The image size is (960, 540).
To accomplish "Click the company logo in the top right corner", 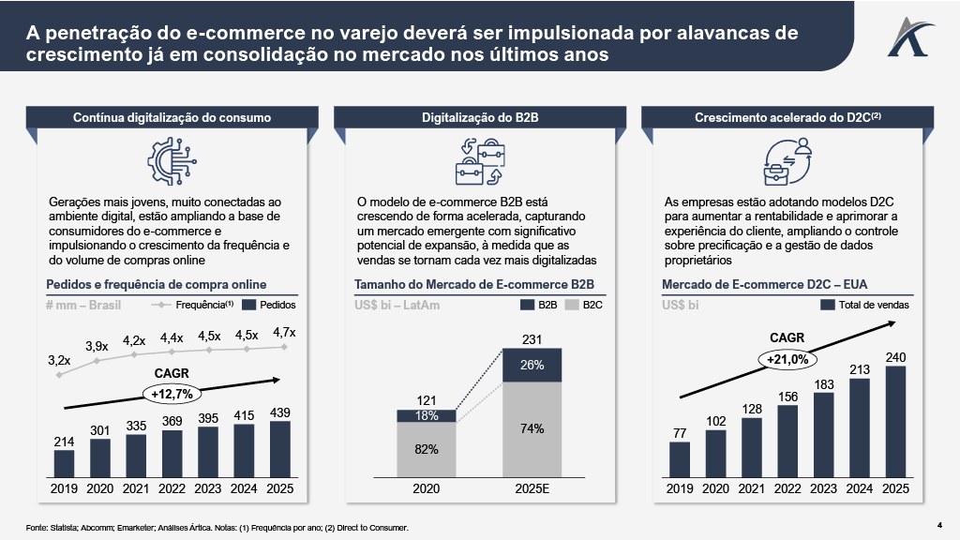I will point(906,37).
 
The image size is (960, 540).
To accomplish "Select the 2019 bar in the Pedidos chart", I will point(64,463).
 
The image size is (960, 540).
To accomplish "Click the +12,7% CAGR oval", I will point(172,394).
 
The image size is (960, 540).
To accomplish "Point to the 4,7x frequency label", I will point(284,332).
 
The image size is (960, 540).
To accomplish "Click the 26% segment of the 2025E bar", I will point(532,365).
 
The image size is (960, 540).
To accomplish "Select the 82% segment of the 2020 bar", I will point(427,449).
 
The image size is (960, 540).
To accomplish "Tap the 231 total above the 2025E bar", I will point(532,339).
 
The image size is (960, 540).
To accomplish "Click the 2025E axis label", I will point(532,488).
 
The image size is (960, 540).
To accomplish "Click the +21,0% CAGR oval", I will point(787,358).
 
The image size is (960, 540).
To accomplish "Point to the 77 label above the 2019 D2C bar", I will point(679,433).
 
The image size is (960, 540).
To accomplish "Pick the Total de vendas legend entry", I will point(864,305).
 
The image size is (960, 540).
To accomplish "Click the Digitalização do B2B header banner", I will point(479,118).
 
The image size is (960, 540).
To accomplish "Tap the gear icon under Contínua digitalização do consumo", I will point(172,160).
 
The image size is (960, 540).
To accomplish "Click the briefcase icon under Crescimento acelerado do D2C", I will point(777,171).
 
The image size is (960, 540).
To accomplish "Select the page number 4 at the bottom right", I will point(939,523).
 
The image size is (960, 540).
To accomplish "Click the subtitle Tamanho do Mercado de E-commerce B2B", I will point(474,284).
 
